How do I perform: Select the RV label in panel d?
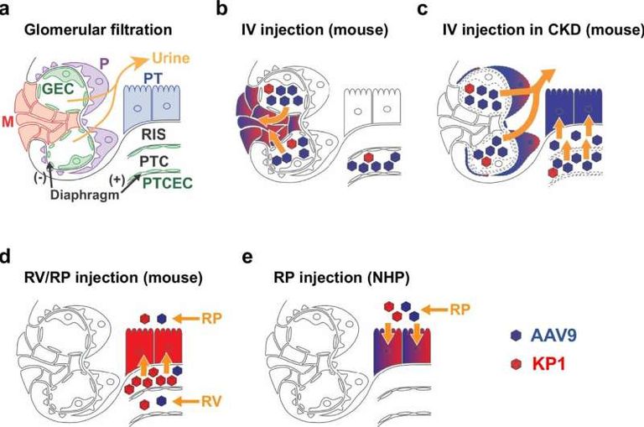coord(212,402)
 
